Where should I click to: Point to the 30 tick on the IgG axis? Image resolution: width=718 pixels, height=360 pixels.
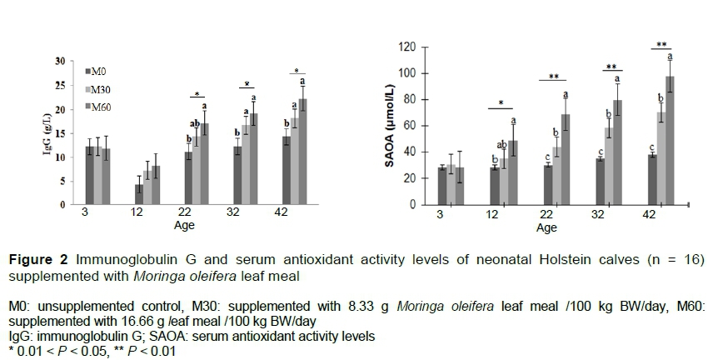coord(60,62)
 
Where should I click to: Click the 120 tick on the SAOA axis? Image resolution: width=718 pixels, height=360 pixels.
coord(408,47)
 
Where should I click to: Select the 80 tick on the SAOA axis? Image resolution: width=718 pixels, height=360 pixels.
coord(411,99)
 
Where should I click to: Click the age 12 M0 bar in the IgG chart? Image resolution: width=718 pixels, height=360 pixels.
coord(139,194)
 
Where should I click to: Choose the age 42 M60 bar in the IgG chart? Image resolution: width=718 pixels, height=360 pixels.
coord(302,151)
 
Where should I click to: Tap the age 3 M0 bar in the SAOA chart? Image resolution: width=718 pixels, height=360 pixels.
coord(442,186)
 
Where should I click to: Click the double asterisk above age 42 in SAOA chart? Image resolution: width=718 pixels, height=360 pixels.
coord(661,45)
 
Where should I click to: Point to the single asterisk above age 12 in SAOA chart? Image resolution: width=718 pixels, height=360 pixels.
coord(501,104)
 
